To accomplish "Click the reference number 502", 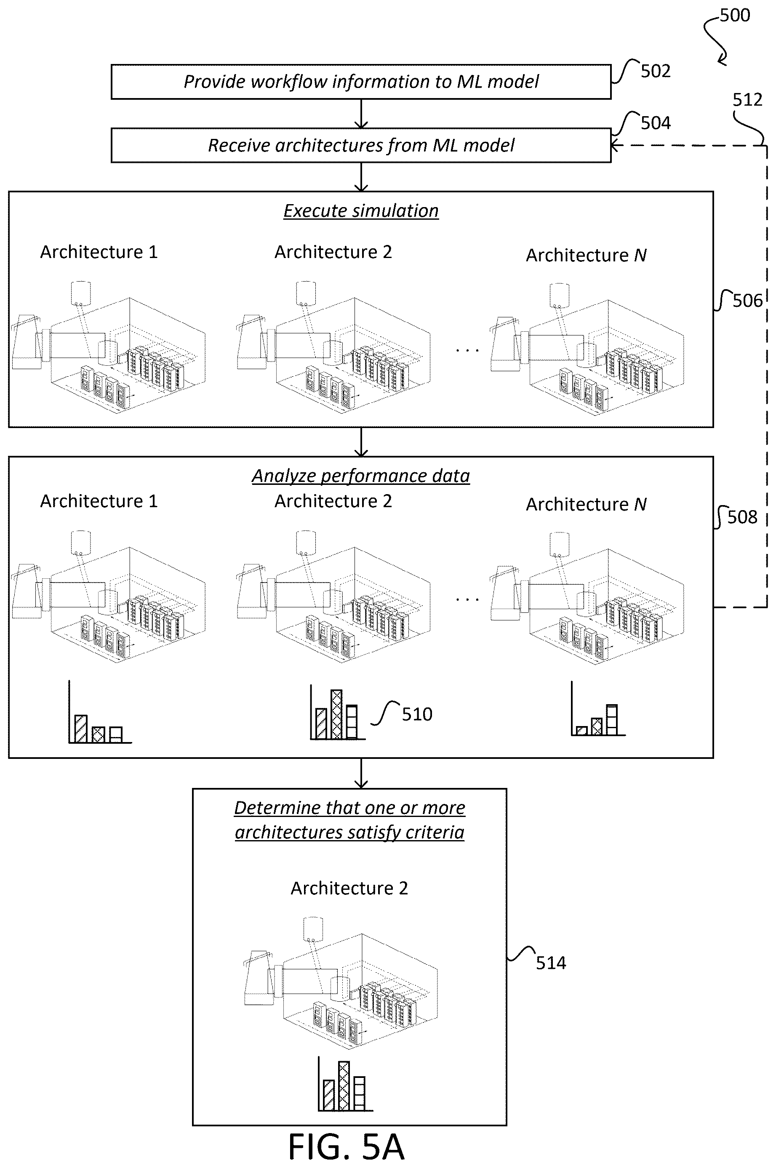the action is pyautogui.click(x=655, y=71).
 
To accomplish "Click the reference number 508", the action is pyautogui.click(x=742, y=517).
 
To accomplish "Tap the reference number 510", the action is pyautogui.click(x=417, y=714).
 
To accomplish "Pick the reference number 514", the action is pyautogui.click(x=551, y=963).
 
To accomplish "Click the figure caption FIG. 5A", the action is pyautogui.click(x=347, y=1147).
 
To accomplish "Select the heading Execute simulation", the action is pyautogui.click(x=361, y=211).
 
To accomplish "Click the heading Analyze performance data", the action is pyautogui.click(x=361, y=476).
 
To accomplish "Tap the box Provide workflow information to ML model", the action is pyautogui.click(x=361, y=82).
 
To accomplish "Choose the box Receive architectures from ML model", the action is pyautogui.click(x=361, y=146).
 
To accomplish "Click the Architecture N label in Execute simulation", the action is pyautogui.click(x=586, y=255).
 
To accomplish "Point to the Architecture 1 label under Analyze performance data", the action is pyautogui.click(x=99, y=501).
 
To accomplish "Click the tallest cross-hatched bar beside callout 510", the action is pyautogui.click(x=336, y=714).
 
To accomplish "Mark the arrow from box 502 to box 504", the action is pyautogui.click(x=362, y=114).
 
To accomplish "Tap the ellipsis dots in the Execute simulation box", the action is pyautogui.click(x=467, y=350).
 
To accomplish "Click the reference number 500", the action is pyautogui.click(x=735, y=15).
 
